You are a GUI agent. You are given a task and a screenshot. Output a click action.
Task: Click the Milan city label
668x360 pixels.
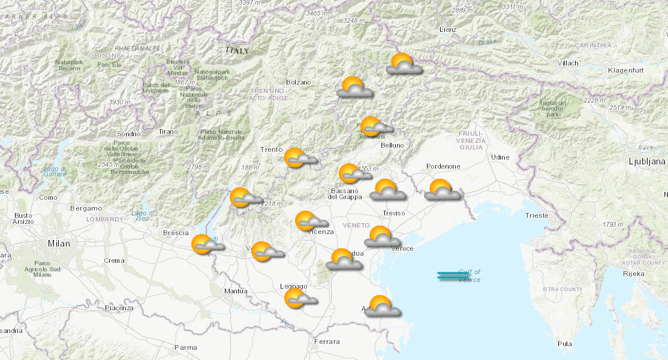point(59,244)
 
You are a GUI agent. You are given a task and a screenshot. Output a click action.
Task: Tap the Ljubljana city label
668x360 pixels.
point(647,161)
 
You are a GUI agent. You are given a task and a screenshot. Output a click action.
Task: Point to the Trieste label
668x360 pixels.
point(536,215)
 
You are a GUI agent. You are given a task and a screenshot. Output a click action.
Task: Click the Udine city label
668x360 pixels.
point(500,157)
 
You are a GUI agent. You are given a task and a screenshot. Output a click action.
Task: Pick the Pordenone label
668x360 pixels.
point(443,166)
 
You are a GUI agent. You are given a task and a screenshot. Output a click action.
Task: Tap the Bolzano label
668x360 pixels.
point(299,82)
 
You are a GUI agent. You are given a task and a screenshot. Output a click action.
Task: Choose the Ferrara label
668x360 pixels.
point(326,341)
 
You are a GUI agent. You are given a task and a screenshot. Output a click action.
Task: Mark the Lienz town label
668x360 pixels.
point(447,29)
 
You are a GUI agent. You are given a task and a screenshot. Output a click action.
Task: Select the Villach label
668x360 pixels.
point(567,63)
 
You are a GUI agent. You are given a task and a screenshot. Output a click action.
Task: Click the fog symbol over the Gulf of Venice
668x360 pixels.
point(453,276)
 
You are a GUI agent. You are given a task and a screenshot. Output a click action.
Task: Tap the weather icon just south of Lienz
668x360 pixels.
point(403,64)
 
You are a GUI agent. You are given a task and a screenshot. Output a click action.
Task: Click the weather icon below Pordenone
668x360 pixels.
point(442,190)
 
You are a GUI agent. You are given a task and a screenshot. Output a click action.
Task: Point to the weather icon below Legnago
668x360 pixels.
point(299,299)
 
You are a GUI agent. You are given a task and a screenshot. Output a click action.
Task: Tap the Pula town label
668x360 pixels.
point(564,344)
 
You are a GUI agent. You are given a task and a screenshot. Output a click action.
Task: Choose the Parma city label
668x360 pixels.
point(185,347)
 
